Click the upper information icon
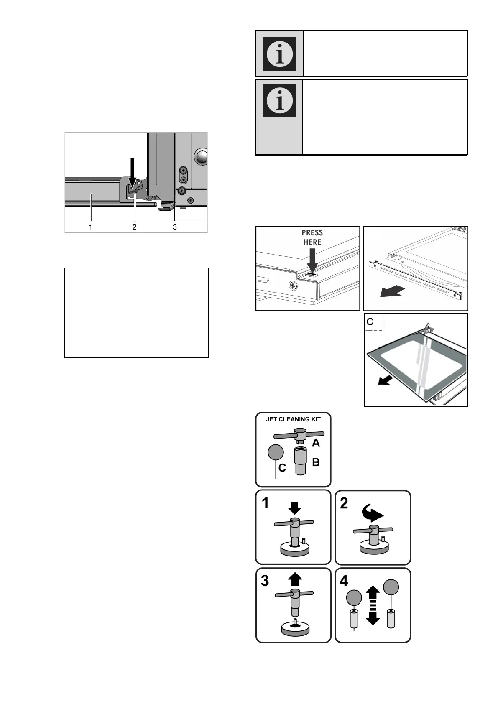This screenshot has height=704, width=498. click(x=279, y=54)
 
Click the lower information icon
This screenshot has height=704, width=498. click(x=279, y=100)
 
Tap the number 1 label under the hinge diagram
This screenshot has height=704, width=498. click(x=90, y=227)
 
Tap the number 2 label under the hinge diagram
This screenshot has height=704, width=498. click(x=134, y=227)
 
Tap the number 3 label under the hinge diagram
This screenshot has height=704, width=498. click(x=175, y=227)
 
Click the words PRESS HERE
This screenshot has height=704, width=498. click(x=312, y=237)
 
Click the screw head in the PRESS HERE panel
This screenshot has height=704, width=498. click(x=292, y=287)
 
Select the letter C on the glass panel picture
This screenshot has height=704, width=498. click(x=370, y=321)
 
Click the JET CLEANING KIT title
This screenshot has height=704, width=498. click(x=293, y=419)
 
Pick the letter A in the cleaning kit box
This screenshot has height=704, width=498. click(x=316, y=442)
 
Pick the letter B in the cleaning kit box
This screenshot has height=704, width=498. click(x=316, y=462)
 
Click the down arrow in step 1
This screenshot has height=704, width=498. click(x=295, y=508)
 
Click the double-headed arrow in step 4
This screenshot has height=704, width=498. click(x=373, y=605)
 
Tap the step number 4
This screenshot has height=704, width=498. click(x=344, y=581)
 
